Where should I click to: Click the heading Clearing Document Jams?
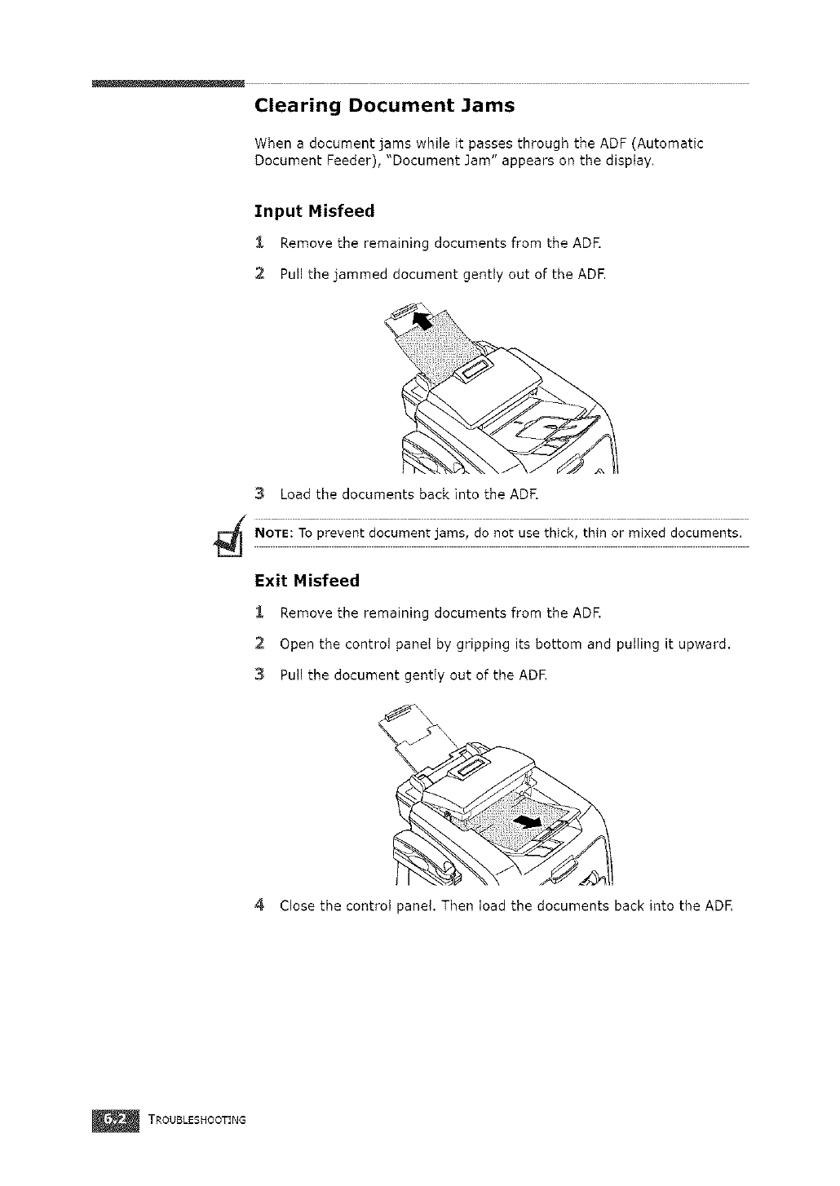tap(384, 106)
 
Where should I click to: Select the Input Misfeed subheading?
tap(314, 211)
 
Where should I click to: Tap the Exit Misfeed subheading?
tap(307, 581)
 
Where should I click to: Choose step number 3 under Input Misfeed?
tap(259, 494)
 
